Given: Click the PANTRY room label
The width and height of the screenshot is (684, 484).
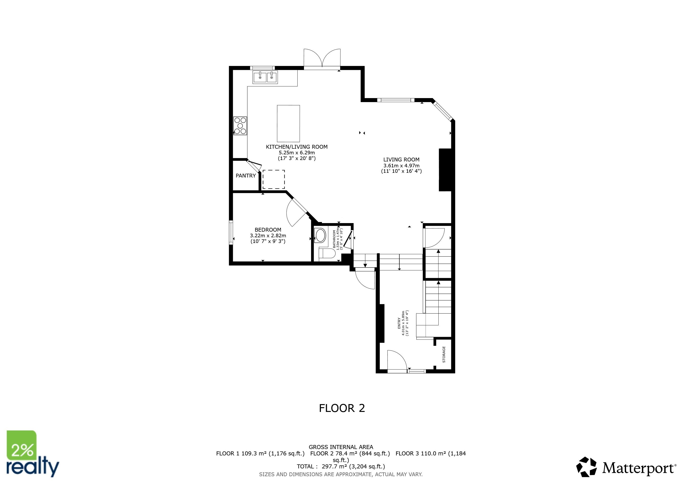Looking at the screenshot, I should [x=245, y=176].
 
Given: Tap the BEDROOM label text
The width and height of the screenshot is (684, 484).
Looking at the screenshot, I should [x=268, y=229].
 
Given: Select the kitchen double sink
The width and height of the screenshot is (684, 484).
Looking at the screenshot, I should [x=265, y=77].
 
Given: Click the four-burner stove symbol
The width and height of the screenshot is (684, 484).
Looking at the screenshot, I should [x=240, y=125].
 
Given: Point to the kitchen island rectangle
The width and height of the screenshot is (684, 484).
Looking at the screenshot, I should [x=288, y=123].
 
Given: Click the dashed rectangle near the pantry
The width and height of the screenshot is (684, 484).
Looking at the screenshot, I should [x=274, y=179].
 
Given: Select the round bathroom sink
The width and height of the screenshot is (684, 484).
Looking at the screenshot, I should [x=321, y=235].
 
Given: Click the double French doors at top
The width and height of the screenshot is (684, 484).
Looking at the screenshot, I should [x=322, y=58].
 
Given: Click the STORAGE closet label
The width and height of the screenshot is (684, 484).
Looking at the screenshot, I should [x=444, y=354].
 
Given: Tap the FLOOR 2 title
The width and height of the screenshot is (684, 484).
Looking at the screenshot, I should [x=342, y=408].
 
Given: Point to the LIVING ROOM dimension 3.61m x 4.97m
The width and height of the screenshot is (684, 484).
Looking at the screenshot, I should [x=401, y=165].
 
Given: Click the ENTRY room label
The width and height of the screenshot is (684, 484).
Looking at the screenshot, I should [x=399, y=323].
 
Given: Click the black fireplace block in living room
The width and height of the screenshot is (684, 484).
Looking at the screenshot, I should [x=445, y=170].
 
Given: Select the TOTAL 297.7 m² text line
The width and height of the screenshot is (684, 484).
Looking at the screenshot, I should [x=341, y=467].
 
